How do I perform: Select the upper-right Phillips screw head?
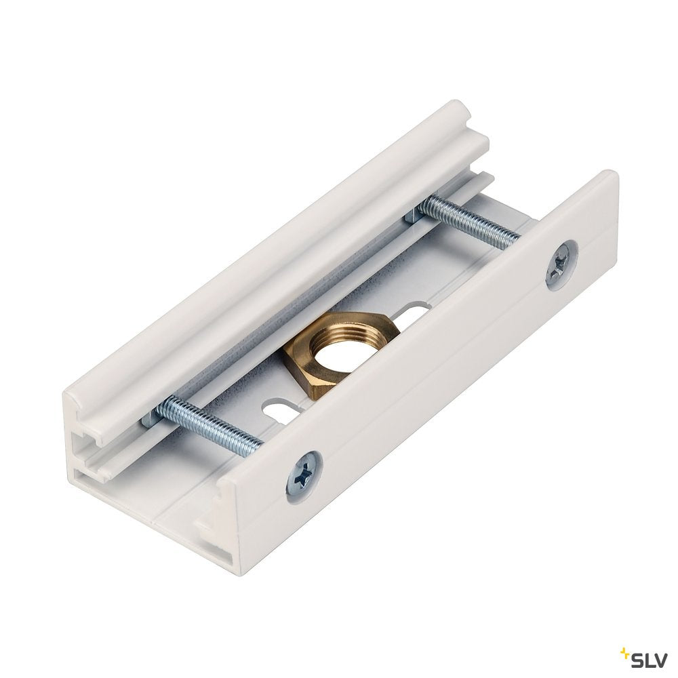point(561,264)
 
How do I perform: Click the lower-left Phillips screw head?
point(305,476)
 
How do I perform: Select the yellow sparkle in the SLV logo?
point(625,651)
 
